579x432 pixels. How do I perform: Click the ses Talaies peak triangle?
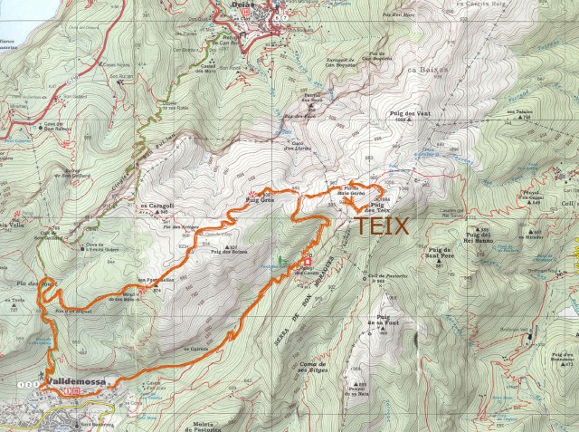click(x=523, y=120)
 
